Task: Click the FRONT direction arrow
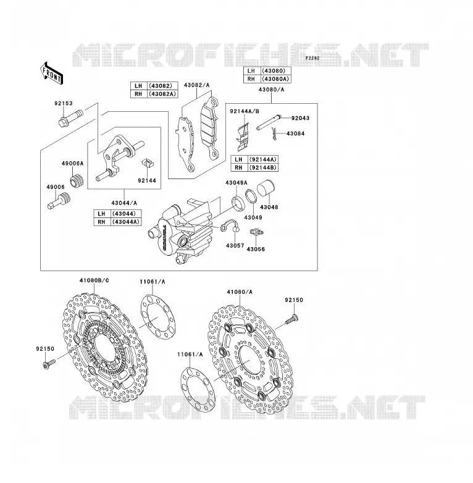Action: point(52,73)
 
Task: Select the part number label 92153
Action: point(64,104)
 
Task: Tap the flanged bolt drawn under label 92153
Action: point(70,119)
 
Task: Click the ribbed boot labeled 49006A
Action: point(77,181)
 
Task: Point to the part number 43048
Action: point(269,208)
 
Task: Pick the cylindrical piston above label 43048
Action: point(266,188)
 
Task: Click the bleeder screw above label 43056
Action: point(256,232)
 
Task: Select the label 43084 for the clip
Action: point(295,133)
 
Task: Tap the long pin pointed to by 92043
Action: point(269,122)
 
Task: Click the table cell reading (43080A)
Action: point(275,79)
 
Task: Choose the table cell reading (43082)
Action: point(163,86)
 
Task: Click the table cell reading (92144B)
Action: point(263,167)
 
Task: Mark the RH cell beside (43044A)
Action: point(102,222)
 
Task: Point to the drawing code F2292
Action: point(312,58)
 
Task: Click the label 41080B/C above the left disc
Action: point(94,280)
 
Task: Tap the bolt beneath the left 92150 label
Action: point(49,364)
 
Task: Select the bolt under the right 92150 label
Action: point(292,319)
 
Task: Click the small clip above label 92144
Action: point(148,163)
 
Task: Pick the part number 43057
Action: point(235,246)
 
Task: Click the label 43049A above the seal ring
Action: point(236,183)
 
